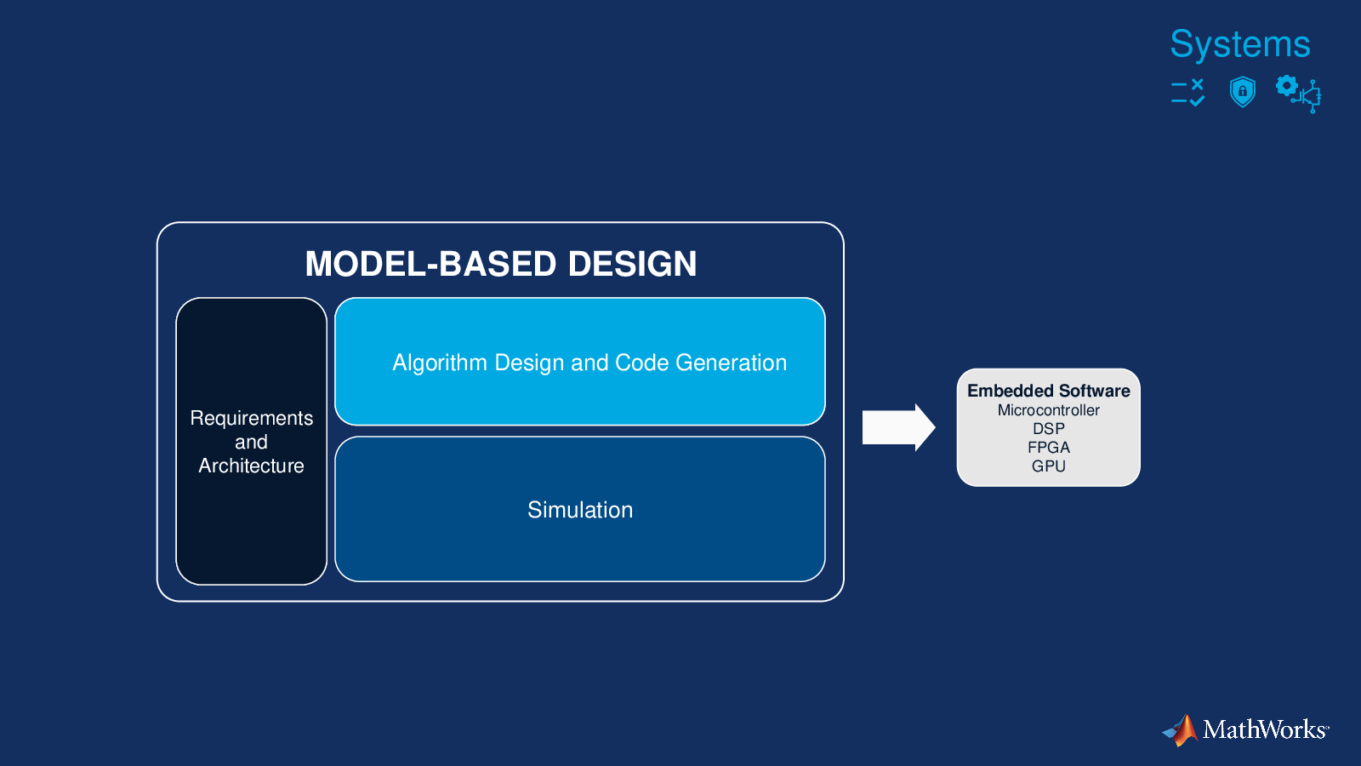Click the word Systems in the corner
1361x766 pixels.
(x=1240, y=43)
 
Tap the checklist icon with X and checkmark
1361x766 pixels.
(x=1187, y=93)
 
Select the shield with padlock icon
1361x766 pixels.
(x=1243, y=92)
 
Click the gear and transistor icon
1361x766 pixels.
(x=1298, y=94)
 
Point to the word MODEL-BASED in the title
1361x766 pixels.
(x=430, y=264)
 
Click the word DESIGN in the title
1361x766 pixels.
(x=633, y=264)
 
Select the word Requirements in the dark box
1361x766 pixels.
(x=252, y=418)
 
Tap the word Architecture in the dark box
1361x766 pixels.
(x=251, y=466)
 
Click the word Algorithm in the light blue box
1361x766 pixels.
(x=440, y=363)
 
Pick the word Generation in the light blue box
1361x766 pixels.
(x=731, y=363)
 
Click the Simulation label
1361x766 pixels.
(x=580, y=510)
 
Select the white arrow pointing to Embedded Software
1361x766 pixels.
(x=898, y=427)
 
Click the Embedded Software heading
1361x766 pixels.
(x=1049, y=391)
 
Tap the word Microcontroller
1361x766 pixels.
(x=1049, y=410)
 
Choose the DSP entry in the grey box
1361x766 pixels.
(x=1049, y=429)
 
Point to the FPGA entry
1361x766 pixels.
(x=1049, y=448)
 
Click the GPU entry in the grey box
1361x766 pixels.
(x=1049, y=466)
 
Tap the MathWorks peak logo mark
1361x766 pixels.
(x=1181, y=730)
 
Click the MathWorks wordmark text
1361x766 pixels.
(x=1266, y=729)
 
